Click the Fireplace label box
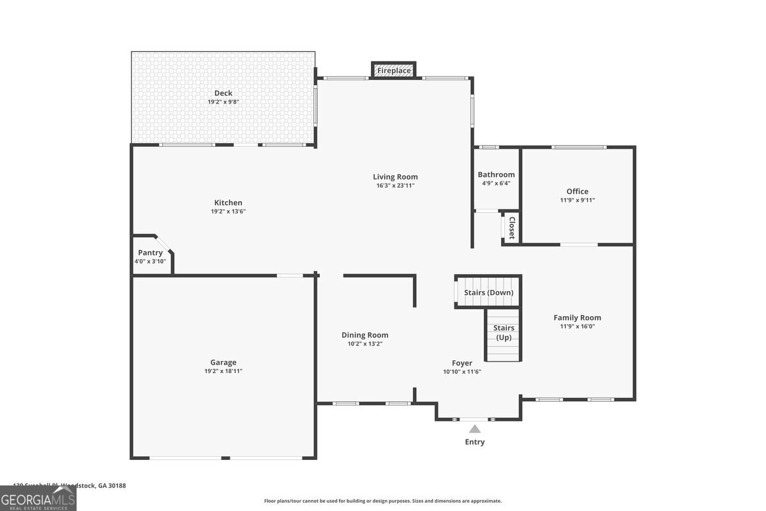394,70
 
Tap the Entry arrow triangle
474,429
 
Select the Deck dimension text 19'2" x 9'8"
223,102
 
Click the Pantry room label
150,253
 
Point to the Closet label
511,227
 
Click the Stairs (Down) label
488,293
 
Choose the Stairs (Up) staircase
504,335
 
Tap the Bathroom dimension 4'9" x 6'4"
496,183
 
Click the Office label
577,191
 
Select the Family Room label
577,317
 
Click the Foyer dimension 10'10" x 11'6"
462,372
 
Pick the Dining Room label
364,335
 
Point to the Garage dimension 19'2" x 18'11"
223,371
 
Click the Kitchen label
228,202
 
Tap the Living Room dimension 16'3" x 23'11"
395,186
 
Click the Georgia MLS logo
38,498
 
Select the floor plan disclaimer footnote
382,501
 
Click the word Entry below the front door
474,442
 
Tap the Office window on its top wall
578,148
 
